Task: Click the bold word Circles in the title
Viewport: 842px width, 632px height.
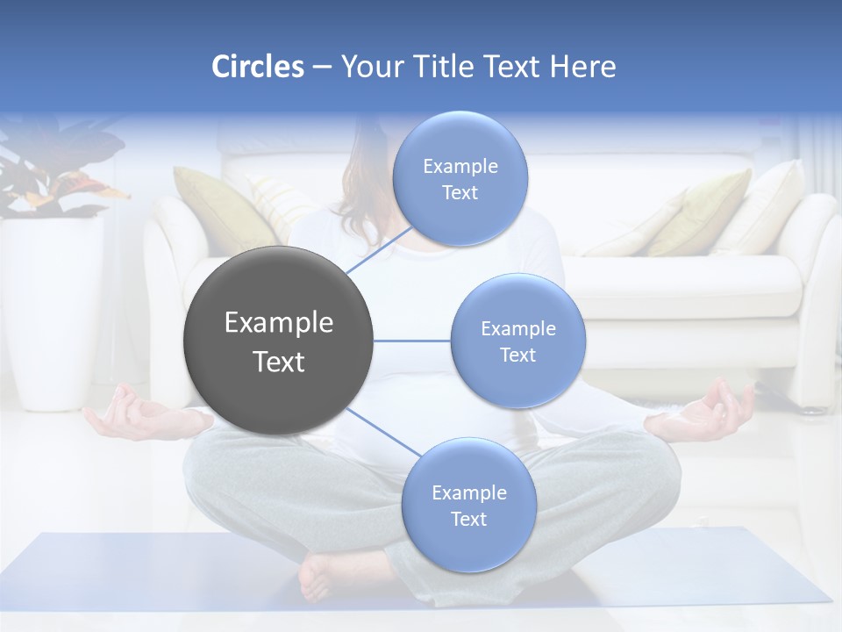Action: point(257,67)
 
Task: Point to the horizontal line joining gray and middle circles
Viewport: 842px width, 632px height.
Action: point(412,341)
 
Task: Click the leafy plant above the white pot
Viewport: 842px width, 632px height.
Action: point(53,171)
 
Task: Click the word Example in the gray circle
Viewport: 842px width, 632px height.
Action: point(278,323)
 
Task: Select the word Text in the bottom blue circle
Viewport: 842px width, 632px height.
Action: point(468,520)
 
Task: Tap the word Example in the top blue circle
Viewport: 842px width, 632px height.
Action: point(460,167)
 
